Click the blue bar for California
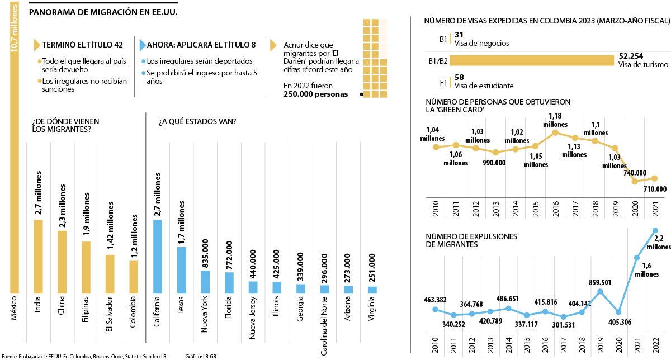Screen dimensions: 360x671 (x=158, y=257)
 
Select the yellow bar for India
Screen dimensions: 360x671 (x=38, y=257)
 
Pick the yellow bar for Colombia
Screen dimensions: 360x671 (x=134, y=277)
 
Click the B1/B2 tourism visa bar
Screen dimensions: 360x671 (x=532, y=60)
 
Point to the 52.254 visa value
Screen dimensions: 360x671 (x=631, y=56)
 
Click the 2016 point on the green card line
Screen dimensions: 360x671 (x=555, y=132)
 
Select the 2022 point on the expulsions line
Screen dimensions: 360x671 (x=655, y=230)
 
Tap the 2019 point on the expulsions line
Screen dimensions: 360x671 (x=600, y=291)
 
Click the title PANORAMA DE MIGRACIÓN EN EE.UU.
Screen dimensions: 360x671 (x=103, y=11)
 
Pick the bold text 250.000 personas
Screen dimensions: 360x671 (x=315, y=94)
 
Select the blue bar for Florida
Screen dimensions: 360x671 (x=229, y=283)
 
